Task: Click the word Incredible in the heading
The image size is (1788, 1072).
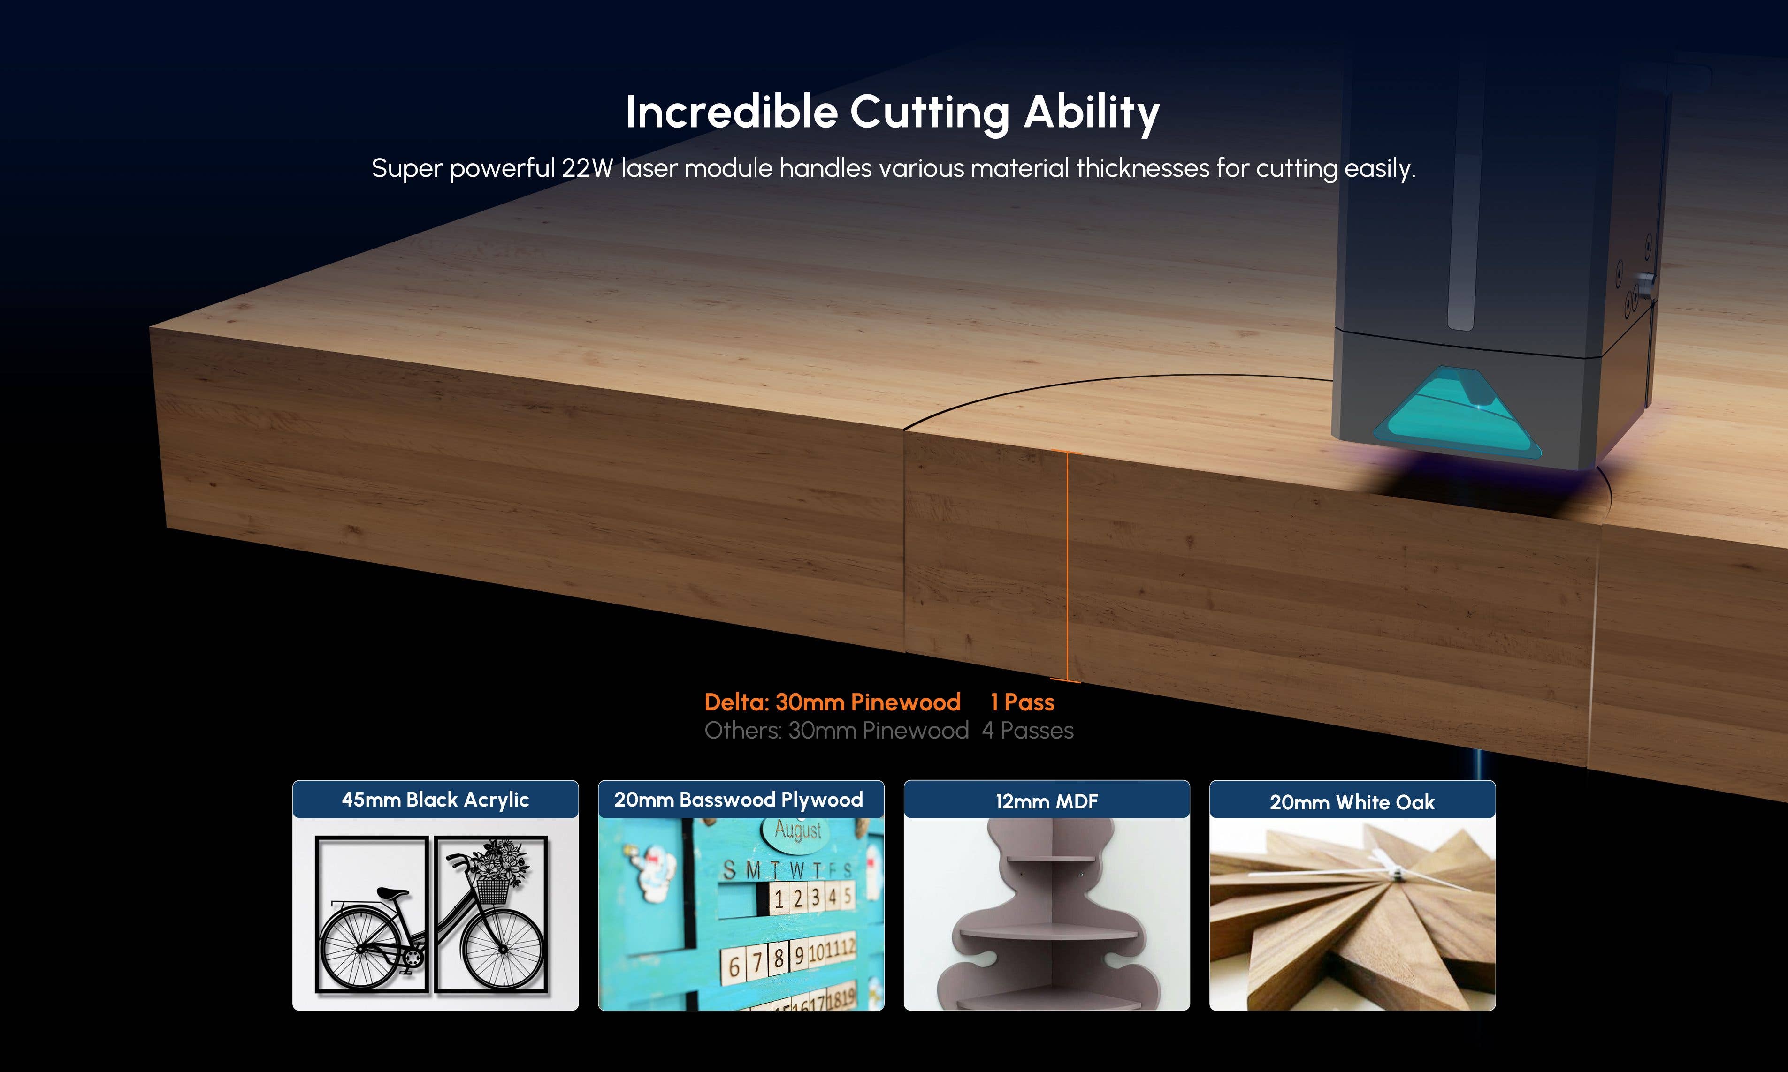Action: tap(731, 112)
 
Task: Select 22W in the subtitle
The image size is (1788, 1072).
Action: tap(588, 168)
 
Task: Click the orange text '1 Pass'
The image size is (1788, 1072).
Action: tap(1022, 702)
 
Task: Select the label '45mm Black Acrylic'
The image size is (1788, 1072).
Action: tap(435, 800)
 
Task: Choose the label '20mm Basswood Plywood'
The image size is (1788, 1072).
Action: tap(739, 800)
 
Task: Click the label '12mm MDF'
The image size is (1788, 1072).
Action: tap(1047, 801)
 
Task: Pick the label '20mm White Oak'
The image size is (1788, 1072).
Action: tap(1352, 802)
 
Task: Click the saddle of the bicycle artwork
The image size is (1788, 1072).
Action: tap(391, 894)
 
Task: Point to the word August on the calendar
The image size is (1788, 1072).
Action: tap(798, 830)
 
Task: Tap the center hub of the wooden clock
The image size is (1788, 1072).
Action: tap(1396, 877)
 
